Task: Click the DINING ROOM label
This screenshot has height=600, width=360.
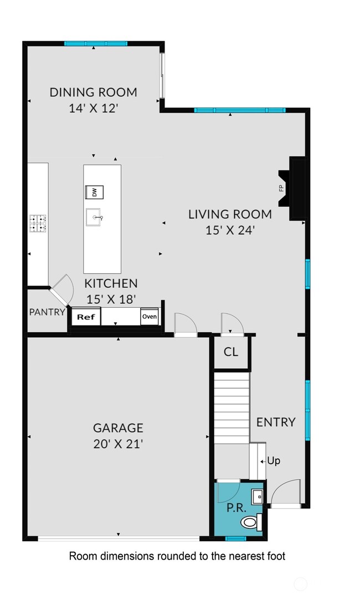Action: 93,92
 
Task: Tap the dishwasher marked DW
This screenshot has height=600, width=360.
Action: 94,192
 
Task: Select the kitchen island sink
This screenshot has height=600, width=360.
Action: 94,218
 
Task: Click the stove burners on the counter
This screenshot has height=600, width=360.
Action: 38,223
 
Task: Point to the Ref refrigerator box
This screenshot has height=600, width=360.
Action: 85,317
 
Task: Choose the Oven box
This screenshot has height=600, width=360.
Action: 149,317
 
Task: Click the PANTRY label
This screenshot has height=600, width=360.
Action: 47,312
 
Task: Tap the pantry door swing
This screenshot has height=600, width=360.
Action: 63,289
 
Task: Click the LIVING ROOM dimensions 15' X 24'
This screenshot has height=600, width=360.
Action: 230,230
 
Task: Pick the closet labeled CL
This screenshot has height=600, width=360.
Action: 231,351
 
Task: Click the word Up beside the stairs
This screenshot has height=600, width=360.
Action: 274,461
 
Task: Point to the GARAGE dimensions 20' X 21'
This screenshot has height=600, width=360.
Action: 118,444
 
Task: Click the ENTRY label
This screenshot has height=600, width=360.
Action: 276,422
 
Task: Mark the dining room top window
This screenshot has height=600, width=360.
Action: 95,43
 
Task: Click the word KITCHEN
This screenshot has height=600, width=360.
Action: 111,283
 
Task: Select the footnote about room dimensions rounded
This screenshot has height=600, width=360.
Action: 177,556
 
